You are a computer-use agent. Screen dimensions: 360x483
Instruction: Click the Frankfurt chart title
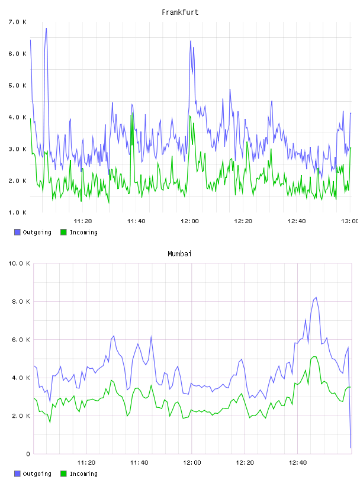point(180,12)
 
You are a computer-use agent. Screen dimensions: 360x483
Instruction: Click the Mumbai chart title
point(179,254)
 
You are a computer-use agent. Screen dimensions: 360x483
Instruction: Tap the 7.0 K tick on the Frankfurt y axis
point(18,22)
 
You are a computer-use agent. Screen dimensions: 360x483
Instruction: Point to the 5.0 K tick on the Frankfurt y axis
point(18,85)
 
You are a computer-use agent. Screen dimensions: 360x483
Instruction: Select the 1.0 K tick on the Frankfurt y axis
point(18,212)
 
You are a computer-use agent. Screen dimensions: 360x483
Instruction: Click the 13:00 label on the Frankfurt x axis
point(349,221)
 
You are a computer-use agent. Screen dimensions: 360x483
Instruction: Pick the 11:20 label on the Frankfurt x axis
point(83,221)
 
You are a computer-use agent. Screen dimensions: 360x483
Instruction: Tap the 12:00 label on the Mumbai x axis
point(192,463)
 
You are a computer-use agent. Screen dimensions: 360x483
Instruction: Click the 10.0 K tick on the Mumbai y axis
point(19,263)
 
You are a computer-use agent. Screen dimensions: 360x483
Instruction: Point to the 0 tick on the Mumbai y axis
point(28,454)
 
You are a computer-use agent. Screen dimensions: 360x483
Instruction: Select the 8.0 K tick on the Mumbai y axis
point(21,301)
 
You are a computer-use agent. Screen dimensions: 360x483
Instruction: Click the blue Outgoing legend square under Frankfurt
point(17,232)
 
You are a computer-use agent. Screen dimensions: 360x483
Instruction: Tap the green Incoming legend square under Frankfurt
point(63,232)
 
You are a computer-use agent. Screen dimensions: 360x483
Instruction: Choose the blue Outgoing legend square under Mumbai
point(17,474)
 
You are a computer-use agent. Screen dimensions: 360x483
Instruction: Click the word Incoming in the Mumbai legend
point(83,474)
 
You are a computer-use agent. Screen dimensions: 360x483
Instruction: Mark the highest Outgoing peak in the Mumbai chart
point(316,298)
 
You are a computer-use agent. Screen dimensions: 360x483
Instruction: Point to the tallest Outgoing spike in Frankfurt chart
point(46,28)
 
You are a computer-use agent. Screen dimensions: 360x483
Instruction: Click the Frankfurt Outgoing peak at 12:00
point(191,41)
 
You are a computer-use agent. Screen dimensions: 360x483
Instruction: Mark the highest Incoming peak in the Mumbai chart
point(314,357)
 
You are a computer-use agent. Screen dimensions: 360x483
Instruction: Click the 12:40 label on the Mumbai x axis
point(298,463)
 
